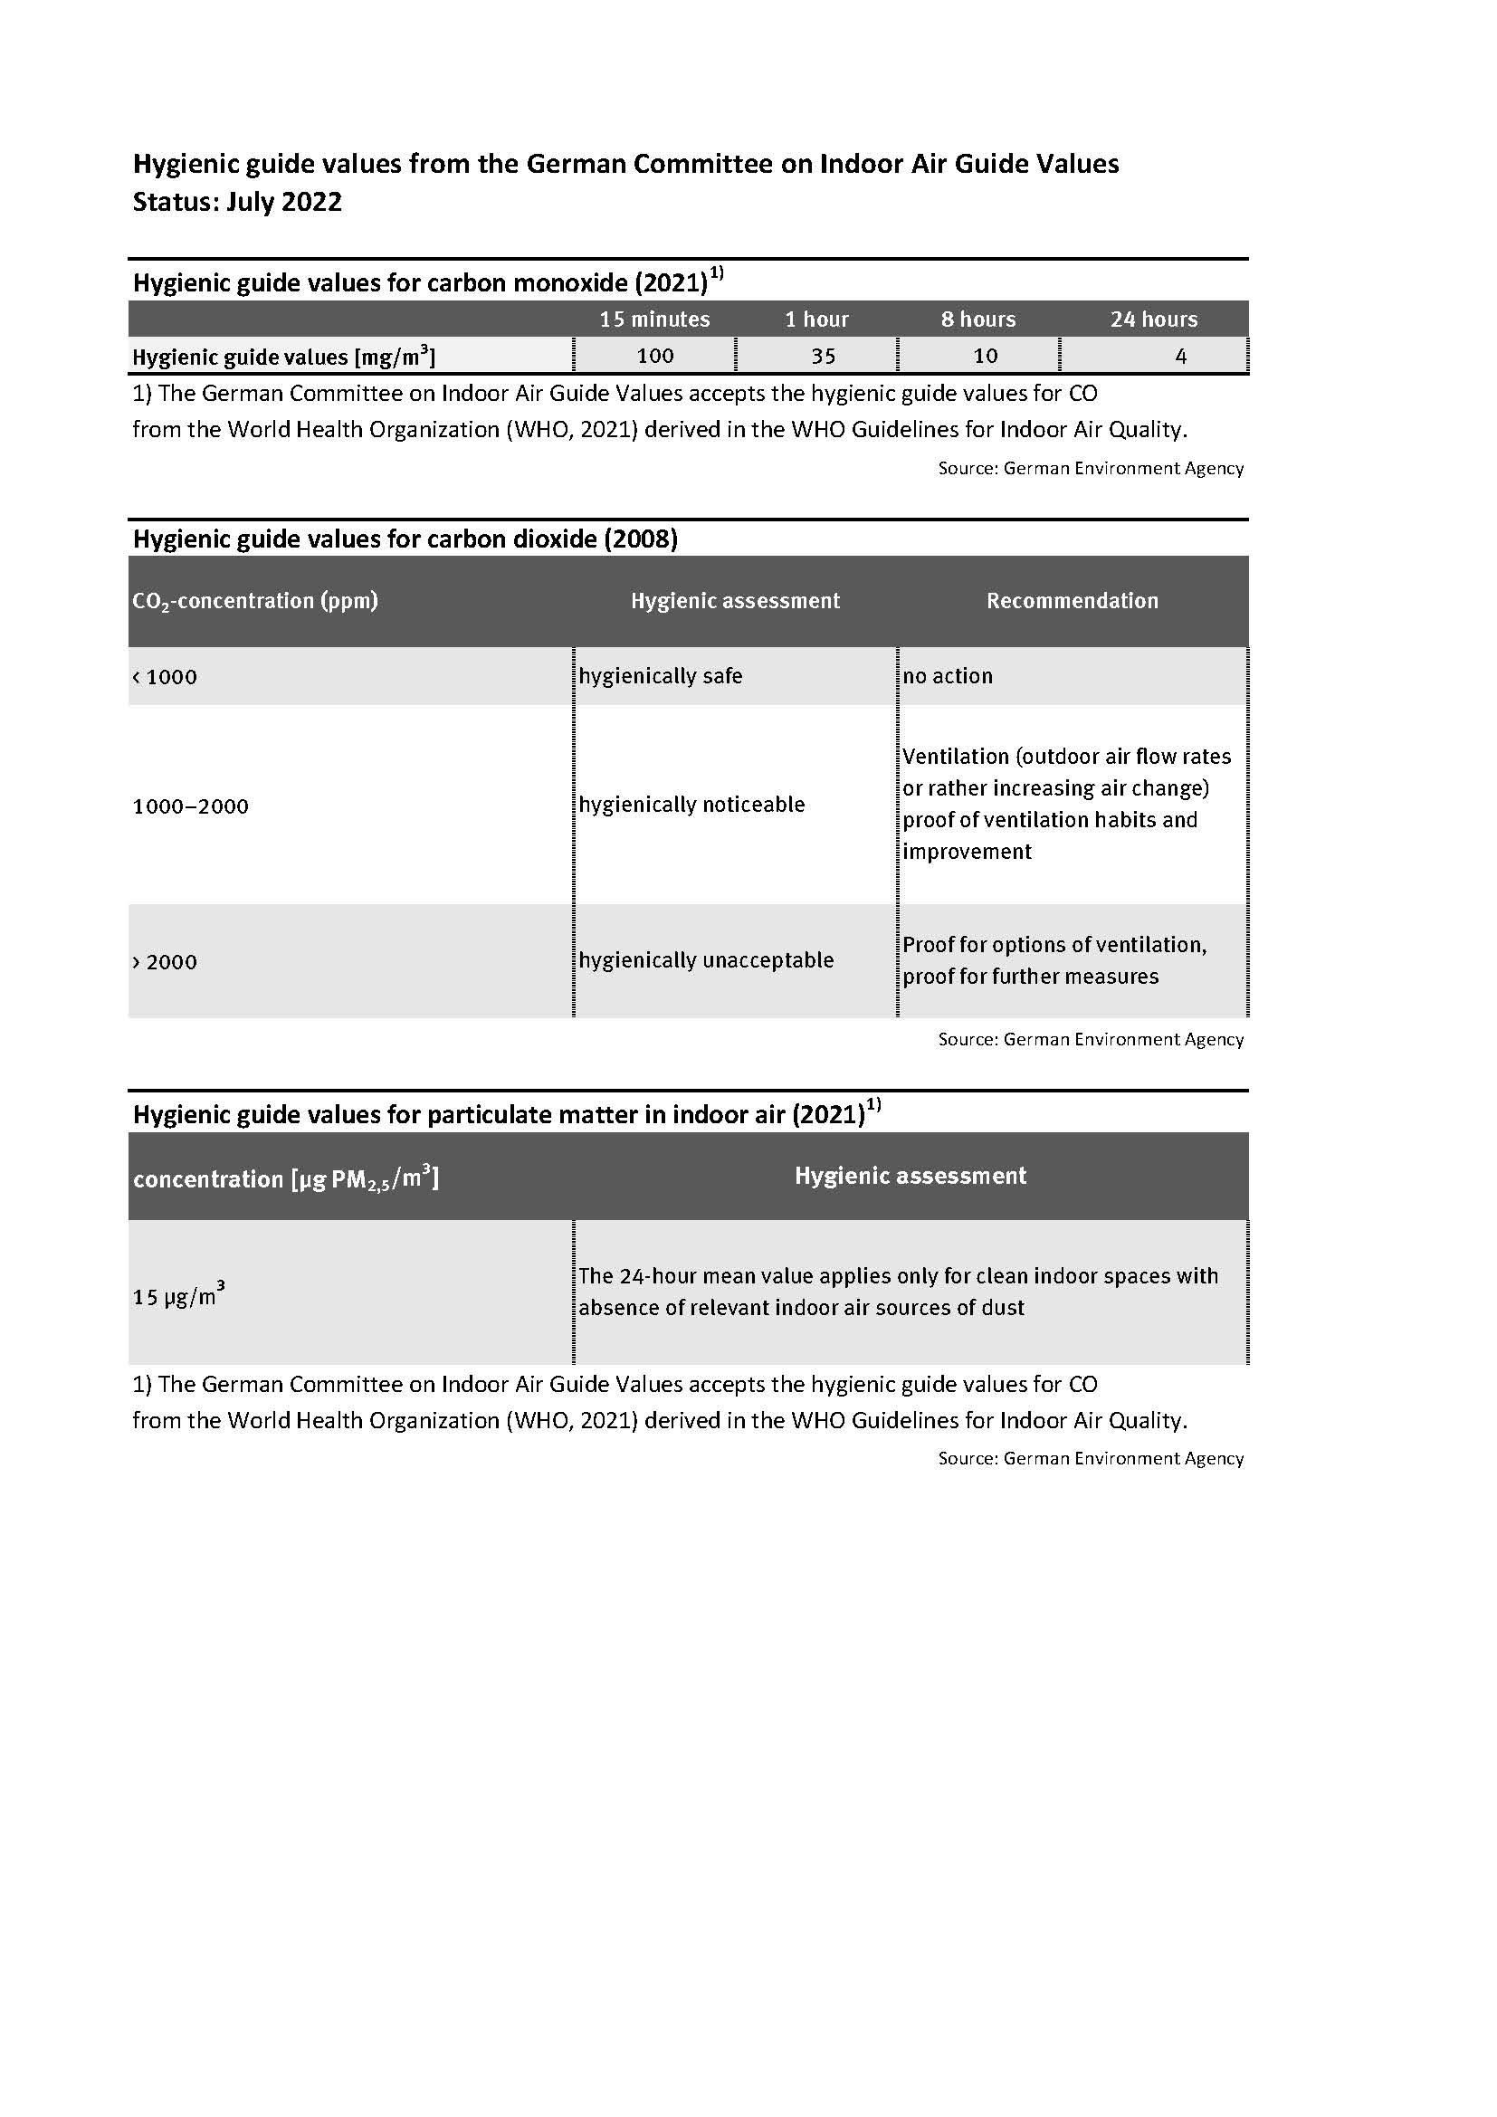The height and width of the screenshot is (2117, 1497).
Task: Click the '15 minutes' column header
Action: coord(654,319)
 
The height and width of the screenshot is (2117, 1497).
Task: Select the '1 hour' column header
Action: coord(816,319)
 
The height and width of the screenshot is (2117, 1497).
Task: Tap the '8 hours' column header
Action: coord(978,319)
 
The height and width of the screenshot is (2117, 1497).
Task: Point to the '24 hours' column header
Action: coord(1153,319)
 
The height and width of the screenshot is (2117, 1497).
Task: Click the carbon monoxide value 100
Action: coord(655,356)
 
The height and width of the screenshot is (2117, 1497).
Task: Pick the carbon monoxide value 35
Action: coord(823,356)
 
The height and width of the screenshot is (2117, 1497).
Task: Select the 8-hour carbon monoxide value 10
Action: coord(986,356)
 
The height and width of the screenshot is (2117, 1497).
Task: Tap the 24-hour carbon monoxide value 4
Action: coord(1181,356)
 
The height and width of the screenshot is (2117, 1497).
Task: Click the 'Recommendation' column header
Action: coord(1072,601)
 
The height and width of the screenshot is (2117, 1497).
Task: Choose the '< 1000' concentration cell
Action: coord(165,677)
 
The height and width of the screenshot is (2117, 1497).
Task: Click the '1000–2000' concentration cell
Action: coord(191,806)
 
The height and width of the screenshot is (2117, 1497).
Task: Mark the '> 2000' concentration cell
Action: coord(165,963)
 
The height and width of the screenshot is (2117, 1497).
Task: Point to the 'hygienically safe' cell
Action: coord(661,676)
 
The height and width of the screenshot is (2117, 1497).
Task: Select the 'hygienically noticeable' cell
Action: coord(692,805)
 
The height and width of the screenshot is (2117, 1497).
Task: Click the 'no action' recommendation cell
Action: coord(948,676)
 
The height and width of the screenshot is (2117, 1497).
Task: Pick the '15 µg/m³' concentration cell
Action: coord(179,1295)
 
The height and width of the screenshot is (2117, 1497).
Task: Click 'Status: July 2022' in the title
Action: coord(237,202)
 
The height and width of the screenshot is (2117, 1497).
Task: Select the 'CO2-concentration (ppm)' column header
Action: coord(255,601)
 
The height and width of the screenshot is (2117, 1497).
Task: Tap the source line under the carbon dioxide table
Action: coord(1091,1040)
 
